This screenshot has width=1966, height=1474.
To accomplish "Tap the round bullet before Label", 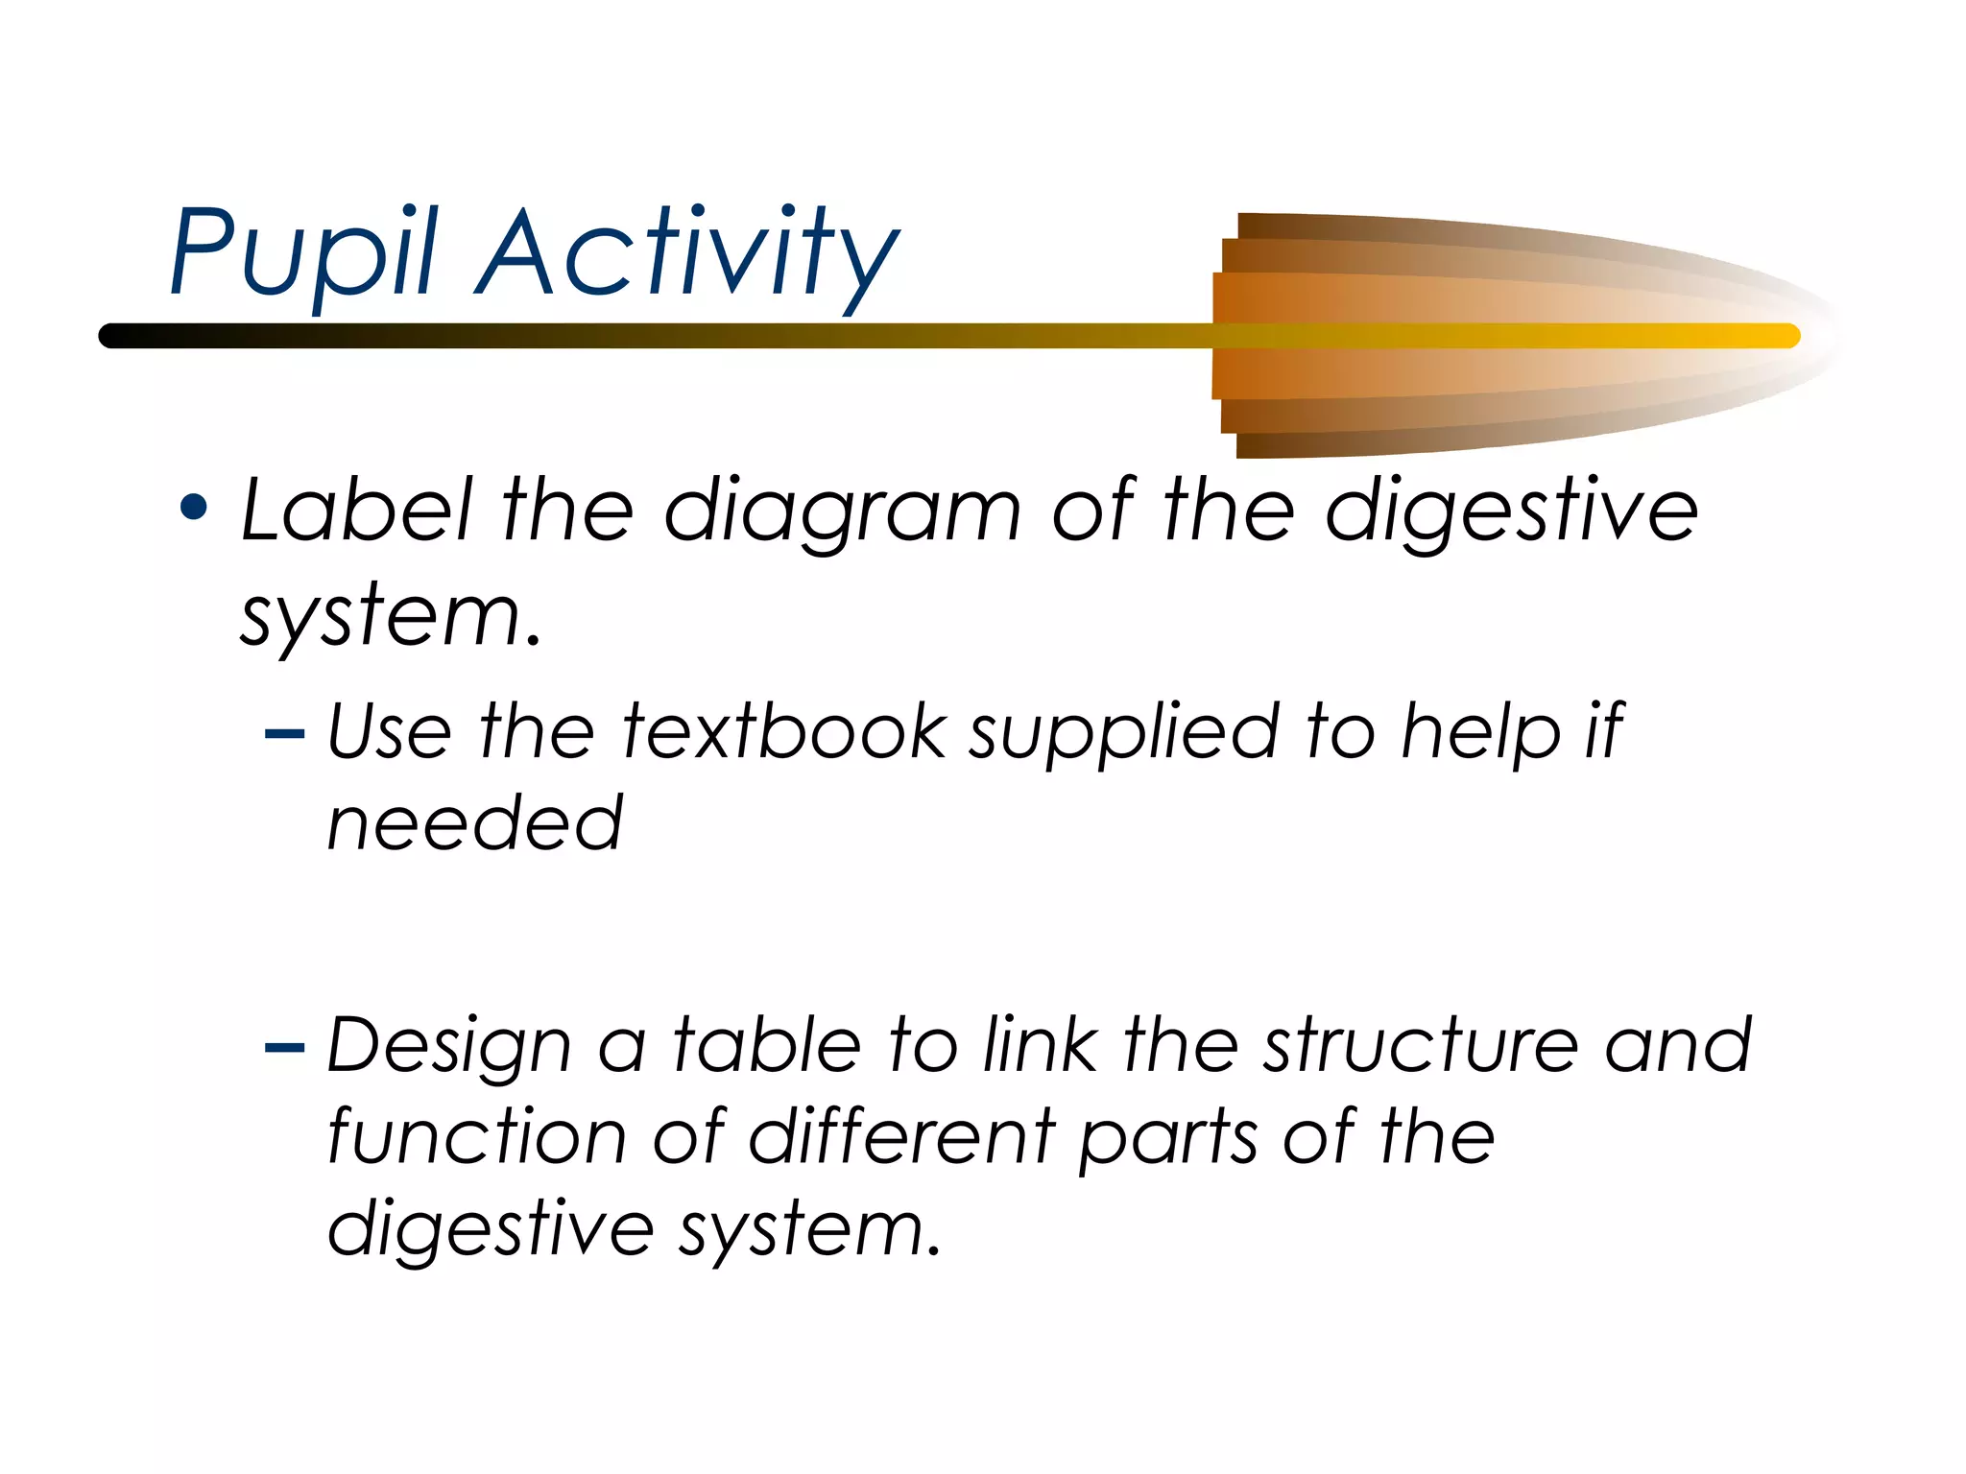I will tap(194, 509).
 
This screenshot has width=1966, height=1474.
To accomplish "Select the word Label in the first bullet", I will tap(355, 511).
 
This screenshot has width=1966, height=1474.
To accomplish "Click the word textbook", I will tap(784, 732).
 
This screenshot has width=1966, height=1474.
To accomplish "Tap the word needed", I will tap(475, 823).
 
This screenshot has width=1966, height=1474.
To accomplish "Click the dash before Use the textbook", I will tap(284, 735).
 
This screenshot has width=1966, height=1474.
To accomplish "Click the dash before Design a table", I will tap(284, 1047).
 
